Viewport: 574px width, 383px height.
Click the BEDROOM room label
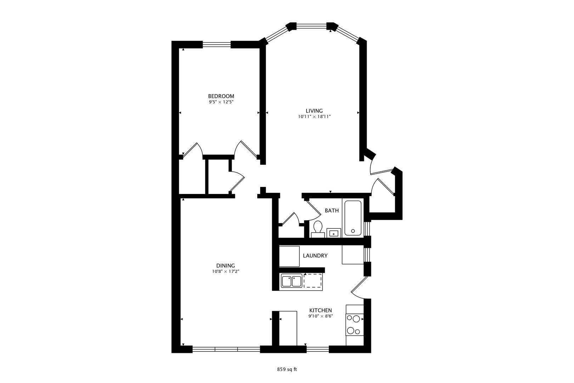(221, 96)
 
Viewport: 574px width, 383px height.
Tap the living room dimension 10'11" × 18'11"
(314, 116)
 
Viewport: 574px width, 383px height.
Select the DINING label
(225, 266)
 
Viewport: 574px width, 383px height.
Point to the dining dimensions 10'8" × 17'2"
(225, 272)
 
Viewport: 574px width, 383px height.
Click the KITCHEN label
(320, 310)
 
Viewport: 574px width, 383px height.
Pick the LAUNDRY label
(315, 256)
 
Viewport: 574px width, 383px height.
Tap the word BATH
(332, 211)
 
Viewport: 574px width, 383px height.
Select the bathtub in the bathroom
(353, 218)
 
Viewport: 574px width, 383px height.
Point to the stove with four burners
(354, 325)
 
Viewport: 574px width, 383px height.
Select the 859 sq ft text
(287, 369)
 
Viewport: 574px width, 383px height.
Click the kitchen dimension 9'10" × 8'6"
(320, 316)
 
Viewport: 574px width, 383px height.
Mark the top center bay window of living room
(311, 25)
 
